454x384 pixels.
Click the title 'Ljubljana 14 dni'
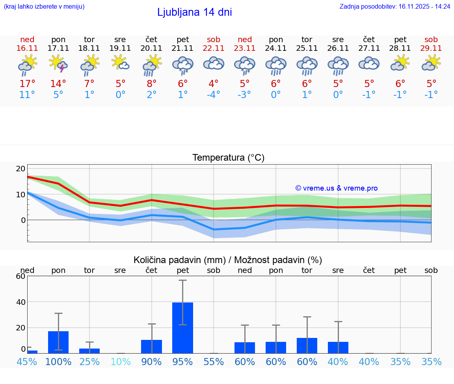click(194, 12)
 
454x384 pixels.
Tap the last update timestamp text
click(395, 7)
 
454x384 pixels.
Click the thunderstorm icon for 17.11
click(58, 64)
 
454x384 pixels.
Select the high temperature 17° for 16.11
click(27, 84)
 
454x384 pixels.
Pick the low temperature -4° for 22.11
click(214, 95)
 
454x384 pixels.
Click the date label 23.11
click(245, 48)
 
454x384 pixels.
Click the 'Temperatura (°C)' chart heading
click(228, 158)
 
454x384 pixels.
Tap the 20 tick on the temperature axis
click(20, 169)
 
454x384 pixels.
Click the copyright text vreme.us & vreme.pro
click(336, 188)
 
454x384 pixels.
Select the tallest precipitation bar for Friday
click(182, 328)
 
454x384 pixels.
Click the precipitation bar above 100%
click(58, 342)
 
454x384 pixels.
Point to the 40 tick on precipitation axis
click(20, 302)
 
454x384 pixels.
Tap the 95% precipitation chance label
click(182, 362)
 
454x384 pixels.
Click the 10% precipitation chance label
click(120, 362)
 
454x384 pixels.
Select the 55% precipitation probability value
click(214, 362)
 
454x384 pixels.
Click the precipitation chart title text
click(228, 260)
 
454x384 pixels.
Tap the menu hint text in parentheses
click(44, 7)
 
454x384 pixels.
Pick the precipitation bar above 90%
click(152, 346)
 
